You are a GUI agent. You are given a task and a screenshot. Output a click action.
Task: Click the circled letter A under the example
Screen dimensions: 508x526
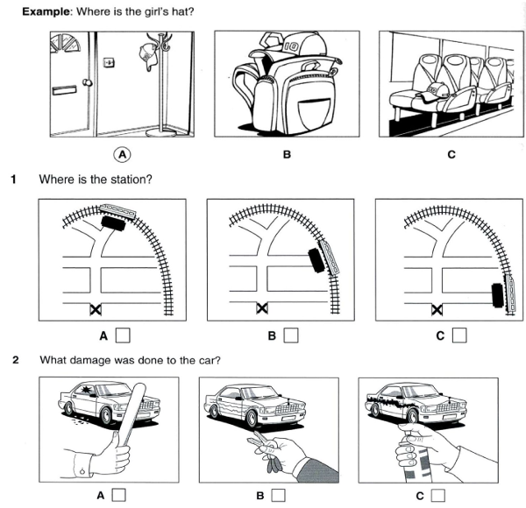[x=123, y=153]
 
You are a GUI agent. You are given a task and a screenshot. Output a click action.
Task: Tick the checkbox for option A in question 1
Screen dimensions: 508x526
[x=124, y=334]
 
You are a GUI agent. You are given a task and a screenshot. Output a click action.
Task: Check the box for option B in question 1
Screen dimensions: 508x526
[x=290, y=334]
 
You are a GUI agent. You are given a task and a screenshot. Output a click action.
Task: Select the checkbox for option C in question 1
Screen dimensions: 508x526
[x=458, y=334]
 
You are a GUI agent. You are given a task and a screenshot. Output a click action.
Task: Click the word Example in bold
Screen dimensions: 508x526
[x=46, y=11]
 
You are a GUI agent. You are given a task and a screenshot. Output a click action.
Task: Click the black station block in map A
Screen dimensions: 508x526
[x=112, y=222]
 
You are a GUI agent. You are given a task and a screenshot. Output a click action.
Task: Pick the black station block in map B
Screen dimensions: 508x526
[x=314, y=260]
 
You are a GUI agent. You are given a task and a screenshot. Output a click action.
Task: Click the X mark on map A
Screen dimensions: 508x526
[x=94, y=309]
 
